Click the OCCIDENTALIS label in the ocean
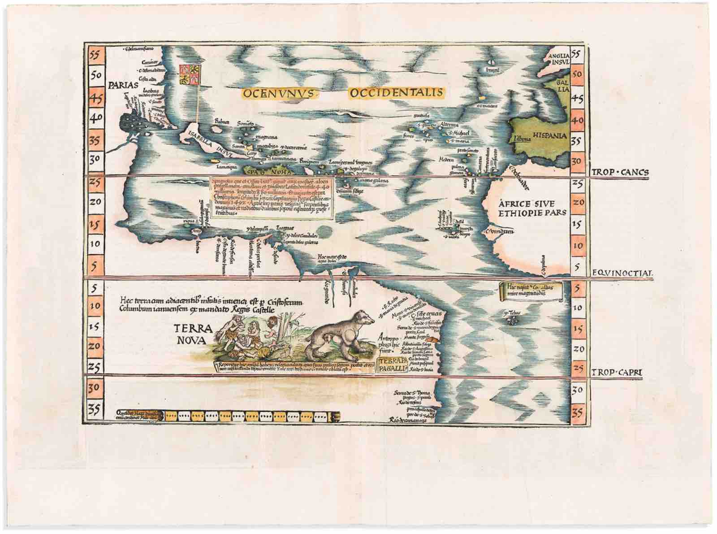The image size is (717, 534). click(x=395, y=93)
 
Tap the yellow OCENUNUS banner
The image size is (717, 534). click(x=280, y=93)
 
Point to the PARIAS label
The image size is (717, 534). click(x=118, y=84)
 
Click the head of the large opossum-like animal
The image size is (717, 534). click(x=365, y=318)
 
